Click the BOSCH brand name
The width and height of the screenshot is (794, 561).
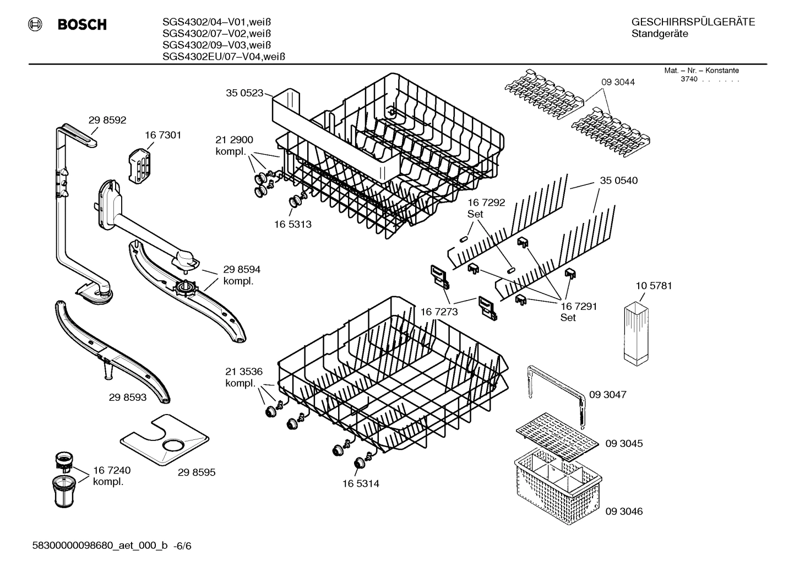81,24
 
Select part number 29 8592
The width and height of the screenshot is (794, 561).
107,119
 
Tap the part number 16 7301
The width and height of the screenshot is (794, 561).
163,135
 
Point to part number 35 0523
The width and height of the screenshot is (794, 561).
244,93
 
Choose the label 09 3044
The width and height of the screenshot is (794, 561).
617,82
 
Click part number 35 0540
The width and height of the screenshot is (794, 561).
619,181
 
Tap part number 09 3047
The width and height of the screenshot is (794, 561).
607,395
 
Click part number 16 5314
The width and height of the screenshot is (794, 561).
361,483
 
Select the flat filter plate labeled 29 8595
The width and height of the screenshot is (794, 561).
165,439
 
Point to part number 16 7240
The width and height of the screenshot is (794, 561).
112,470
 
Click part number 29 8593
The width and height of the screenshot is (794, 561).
128,396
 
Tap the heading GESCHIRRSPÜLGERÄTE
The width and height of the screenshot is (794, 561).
693,22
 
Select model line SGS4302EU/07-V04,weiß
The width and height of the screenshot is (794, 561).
224,56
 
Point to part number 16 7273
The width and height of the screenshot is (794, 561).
439,312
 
